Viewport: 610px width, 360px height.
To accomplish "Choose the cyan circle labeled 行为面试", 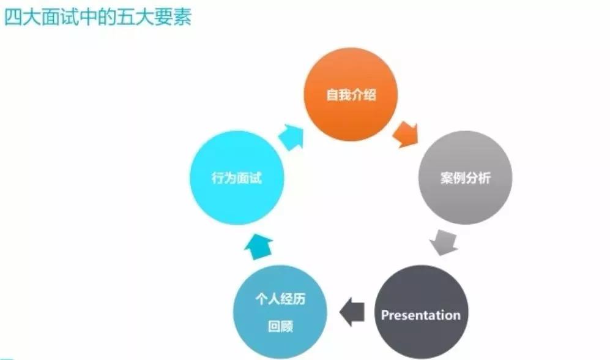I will [236, 178].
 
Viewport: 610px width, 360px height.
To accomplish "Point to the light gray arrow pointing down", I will [444, 242].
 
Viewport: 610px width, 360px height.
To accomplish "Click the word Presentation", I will [421, 315].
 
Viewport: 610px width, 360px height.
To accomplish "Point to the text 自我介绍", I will [351, 96].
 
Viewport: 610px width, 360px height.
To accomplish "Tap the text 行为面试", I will [236, 179].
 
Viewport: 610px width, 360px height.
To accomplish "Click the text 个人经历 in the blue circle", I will [280, 301].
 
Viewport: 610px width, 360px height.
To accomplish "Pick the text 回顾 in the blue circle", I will [280, 328].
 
